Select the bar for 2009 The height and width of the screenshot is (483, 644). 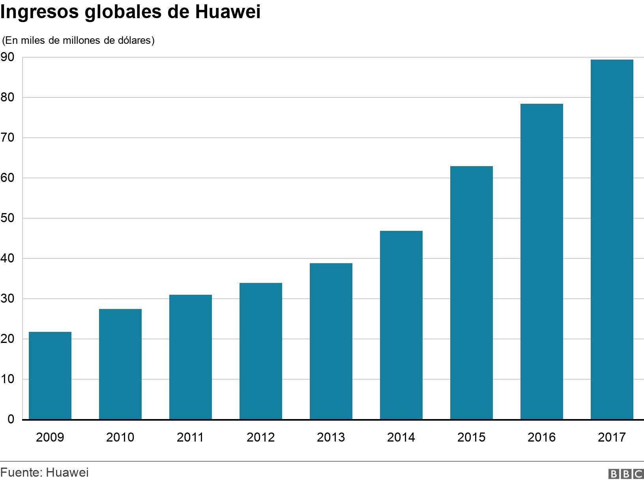(x=50, y=375)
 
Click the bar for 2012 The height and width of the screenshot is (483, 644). (x=261, y=351)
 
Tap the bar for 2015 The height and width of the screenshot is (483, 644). (x=472, y=292)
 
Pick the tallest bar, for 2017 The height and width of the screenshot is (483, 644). (x=612, y=239)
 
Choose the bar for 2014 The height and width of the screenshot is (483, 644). (x=401, y=325)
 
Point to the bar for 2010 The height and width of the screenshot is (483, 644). (x=120, y=364)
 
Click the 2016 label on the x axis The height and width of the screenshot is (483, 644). (x=541, y=437)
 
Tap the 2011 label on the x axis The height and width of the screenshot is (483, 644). (x=190, y=437)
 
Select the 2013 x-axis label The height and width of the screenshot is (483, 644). (x=331, y=437)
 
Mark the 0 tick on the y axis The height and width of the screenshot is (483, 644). (x=11, y=419)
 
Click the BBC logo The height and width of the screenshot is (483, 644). (x=626, y=474)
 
